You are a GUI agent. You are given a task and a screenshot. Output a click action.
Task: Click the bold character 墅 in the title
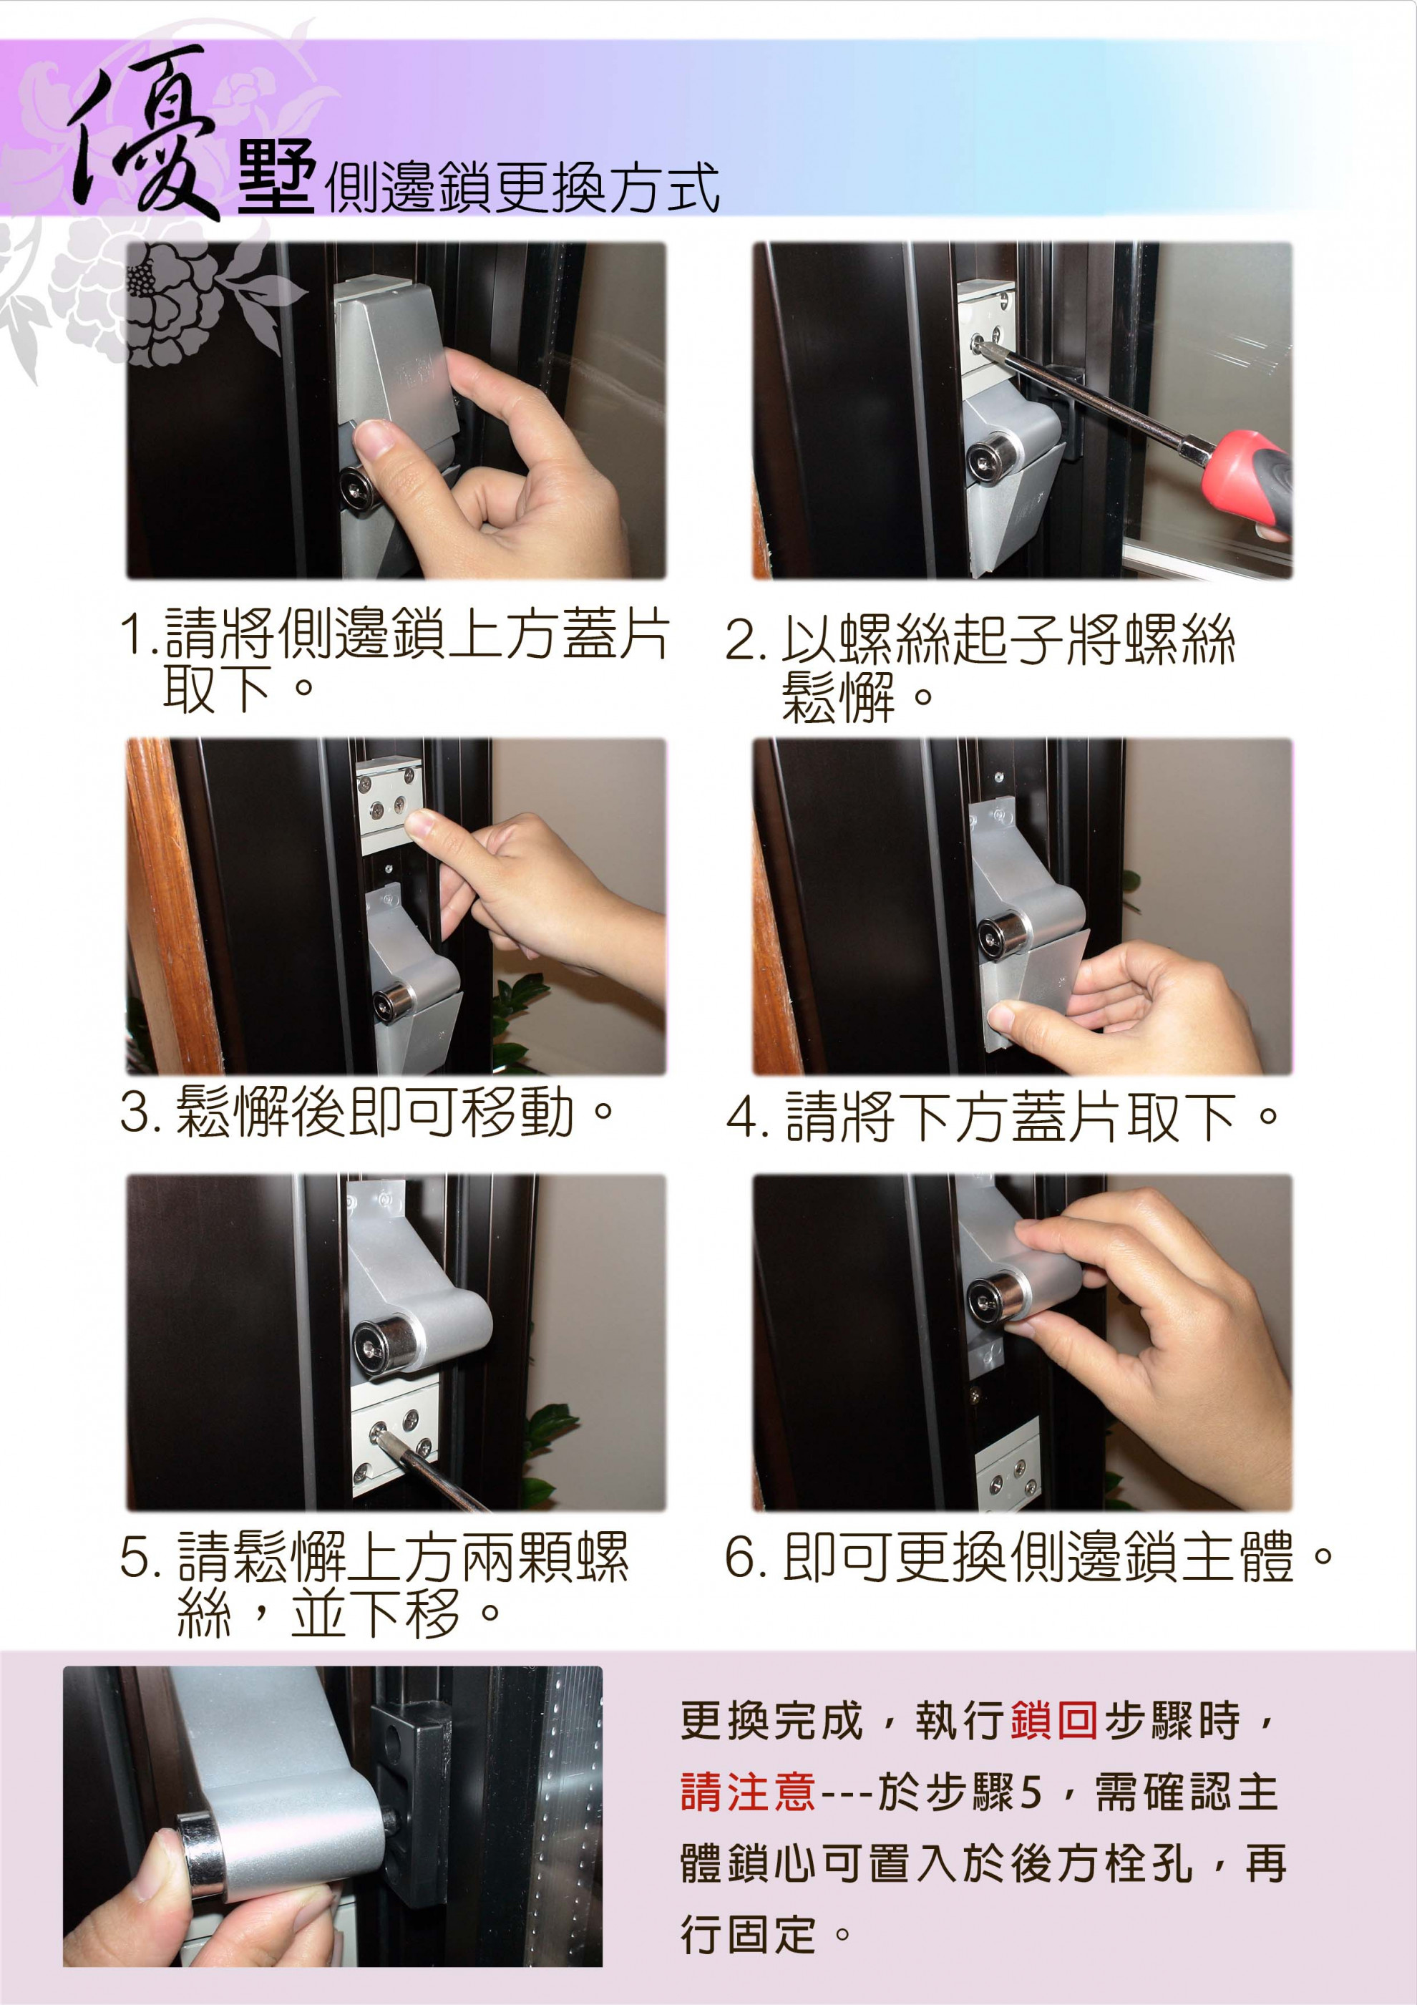click(x=276, y=179)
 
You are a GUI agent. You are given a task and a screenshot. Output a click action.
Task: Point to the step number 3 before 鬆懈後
click(x=138, y=1112)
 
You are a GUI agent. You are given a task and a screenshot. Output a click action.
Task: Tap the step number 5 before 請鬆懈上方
click(x=138, y=1557)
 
